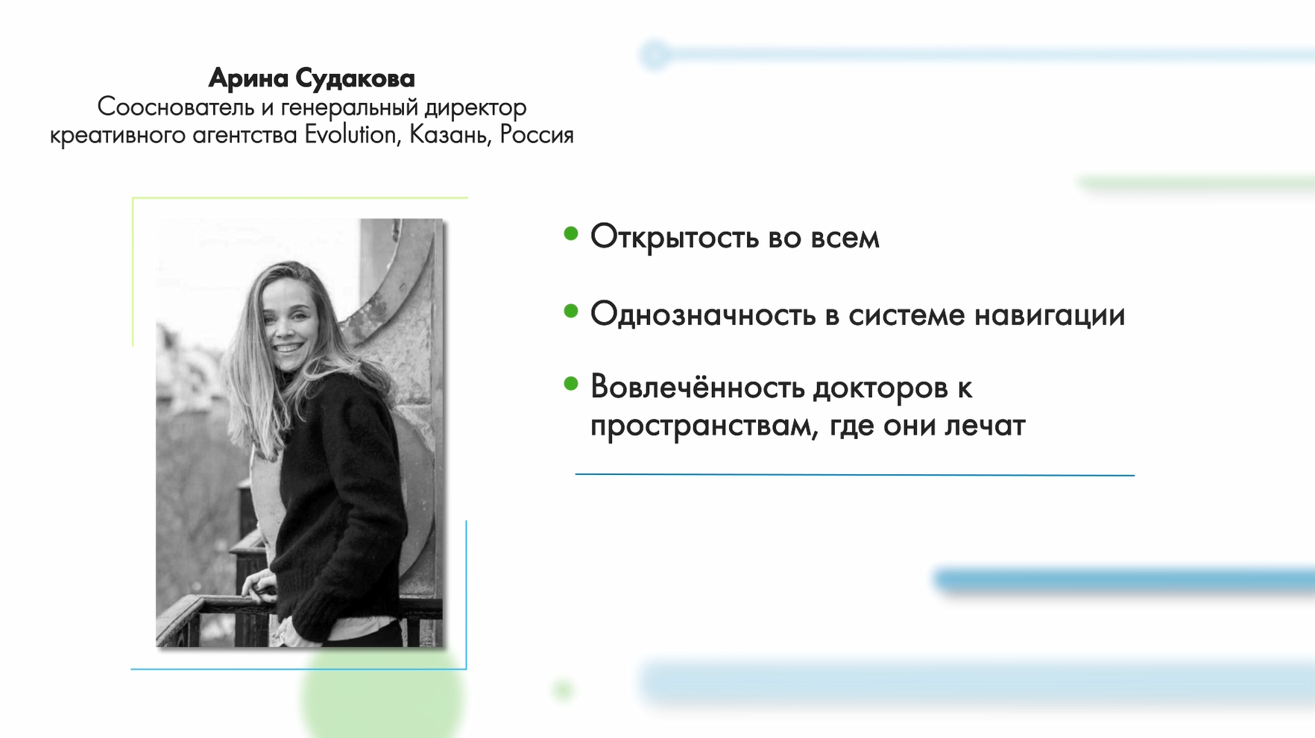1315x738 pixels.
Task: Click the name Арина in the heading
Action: pyautogui.click(x=248, y=78)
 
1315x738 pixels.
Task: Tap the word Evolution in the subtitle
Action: pyautogui.click(x=350, y=135)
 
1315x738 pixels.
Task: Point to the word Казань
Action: pyautogui.click(x=450, y=136)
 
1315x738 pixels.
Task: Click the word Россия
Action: pyautogui.click(x=537, y=135)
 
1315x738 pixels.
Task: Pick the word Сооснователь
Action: pyautogui.click(x=176, y=107)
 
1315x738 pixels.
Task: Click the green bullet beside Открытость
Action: pyautogui.click(x=571, y=234)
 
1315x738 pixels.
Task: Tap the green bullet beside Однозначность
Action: pyautogui.click(x=571, y=311)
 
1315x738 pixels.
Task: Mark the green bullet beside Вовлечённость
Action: pyautogui.click(x=571, y=384)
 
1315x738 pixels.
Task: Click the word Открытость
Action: pyautogui.click(x=675, y=238)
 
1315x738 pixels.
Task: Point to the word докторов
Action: pyautogui.click(x=880, y=388)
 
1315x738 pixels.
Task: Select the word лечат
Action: pyautogui.click(x=986, y=426)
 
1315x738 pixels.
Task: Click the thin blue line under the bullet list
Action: pyautogui.click(x=854, y=474)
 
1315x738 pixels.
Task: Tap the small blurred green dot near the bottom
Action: pyautogui.click(x=563, y=690)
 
